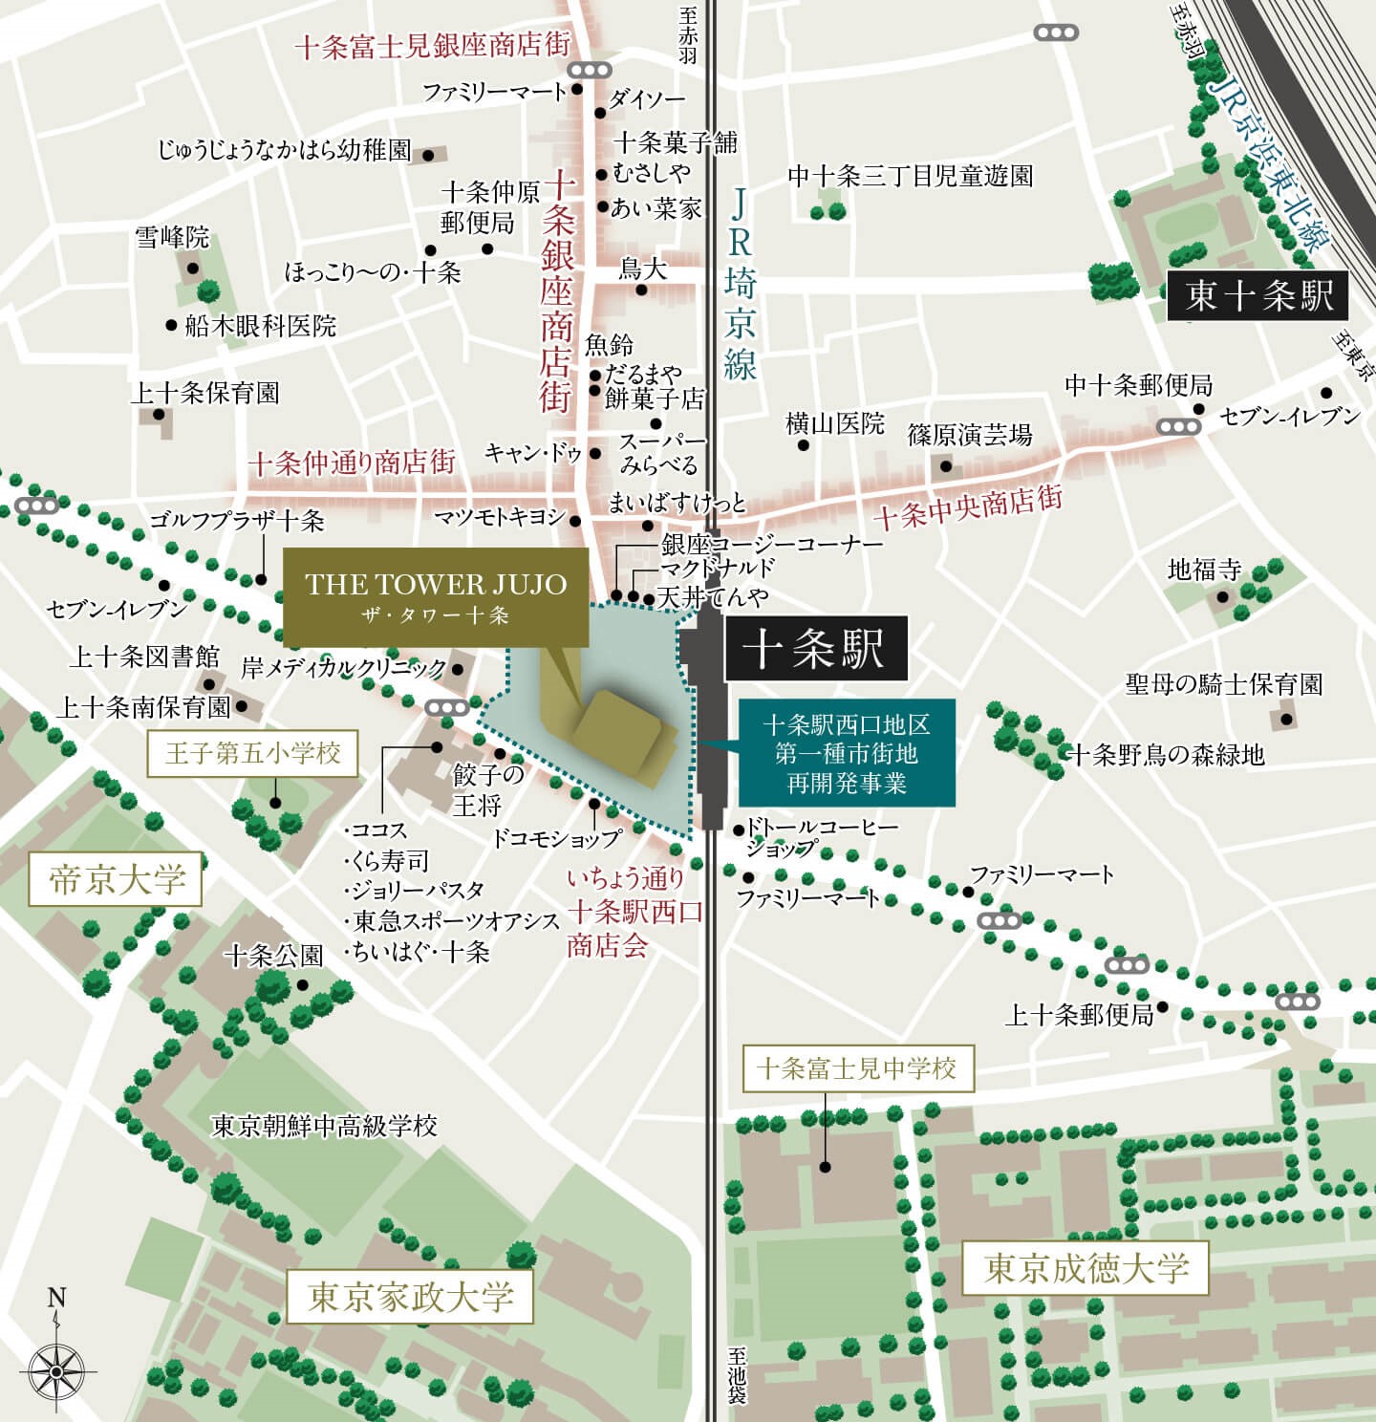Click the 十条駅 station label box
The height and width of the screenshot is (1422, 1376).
[x=814, y=650]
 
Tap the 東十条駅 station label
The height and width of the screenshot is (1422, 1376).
[x=1258, y=296]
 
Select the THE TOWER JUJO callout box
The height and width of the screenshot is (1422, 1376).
[x=436, y=597]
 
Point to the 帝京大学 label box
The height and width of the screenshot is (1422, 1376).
[x=117, y=879]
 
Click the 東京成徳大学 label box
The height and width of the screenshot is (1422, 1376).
[x=1086, y=1268]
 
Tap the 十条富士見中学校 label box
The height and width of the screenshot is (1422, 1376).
[x=856, y=1067]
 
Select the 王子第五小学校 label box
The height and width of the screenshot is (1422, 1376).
[x=252, y=754]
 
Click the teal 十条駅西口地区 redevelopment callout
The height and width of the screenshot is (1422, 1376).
[x=846, y=754]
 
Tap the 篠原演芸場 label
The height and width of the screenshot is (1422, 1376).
[x=970, y=435]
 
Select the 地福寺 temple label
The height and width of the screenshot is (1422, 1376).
[x=1204, y=571]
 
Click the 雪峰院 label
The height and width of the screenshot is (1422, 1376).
[x=172, y=237]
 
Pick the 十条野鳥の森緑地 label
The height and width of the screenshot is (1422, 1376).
[x=1166, y=755]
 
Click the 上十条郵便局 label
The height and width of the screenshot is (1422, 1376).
[x=1079, y=1015]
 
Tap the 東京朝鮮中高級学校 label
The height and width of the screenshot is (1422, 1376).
[x=324, y=1126]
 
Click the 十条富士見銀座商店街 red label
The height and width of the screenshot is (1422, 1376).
[x=432, y=46]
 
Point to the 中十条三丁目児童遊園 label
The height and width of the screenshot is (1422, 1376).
[x=910, y=176]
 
